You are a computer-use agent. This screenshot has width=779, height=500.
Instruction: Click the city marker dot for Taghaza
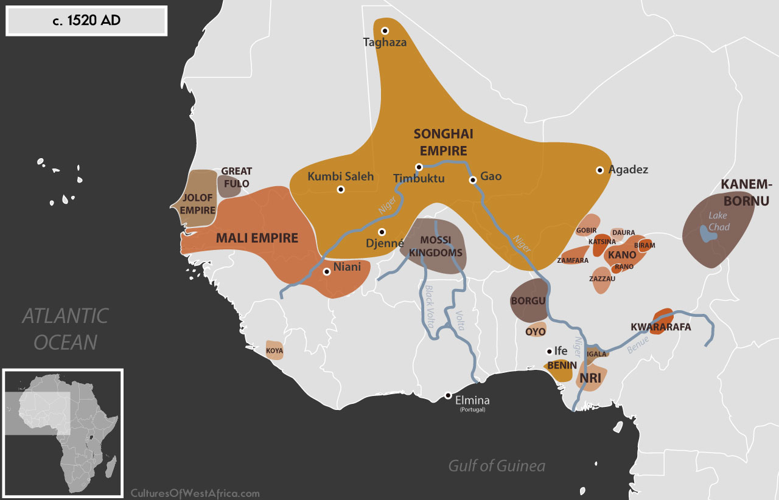tap(385, 30)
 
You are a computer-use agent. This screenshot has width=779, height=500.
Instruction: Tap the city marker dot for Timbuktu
tap(419, 167)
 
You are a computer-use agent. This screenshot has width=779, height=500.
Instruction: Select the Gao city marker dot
tap(472, 179)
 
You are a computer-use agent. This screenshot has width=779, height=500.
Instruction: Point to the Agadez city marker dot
tap(600, 170)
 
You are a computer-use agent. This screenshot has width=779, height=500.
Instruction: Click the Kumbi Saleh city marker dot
tap(341, 189)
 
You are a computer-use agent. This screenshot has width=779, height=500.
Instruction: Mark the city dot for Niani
tap(327, 272)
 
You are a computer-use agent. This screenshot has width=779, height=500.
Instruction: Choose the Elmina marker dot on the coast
tap(448, 395)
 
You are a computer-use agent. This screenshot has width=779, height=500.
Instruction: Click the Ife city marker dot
tap(549, 351)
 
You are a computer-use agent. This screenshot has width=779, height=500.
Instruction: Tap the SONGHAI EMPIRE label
tap(443, 142)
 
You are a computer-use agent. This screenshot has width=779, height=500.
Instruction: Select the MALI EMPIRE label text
tap(257, 238)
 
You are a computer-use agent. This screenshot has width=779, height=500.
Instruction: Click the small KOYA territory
tap(274, 351)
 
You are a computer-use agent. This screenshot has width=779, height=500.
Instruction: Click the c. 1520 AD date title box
tap(86, 21)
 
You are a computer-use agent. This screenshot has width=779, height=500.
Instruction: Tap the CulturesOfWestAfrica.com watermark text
tap(195, 493)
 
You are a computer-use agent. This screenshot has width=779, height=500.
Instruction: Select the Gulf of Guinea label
tap(497, 466)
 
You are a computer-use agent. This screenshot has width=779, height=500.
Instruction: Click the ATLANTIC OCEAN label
tap(65, 329)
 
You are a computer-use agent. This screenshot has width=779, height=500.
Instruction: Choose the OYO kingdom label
tap(536, 332)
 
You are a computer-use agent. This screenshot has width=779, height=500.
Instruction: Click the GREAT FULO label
tap(237, 177)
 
